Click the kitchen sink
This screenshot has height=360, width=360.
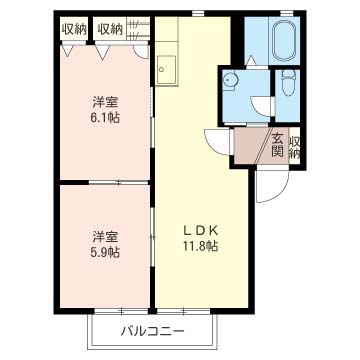tap(166, 70)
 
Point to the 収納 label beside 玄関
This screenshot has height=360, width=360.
tap(295, 147)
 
